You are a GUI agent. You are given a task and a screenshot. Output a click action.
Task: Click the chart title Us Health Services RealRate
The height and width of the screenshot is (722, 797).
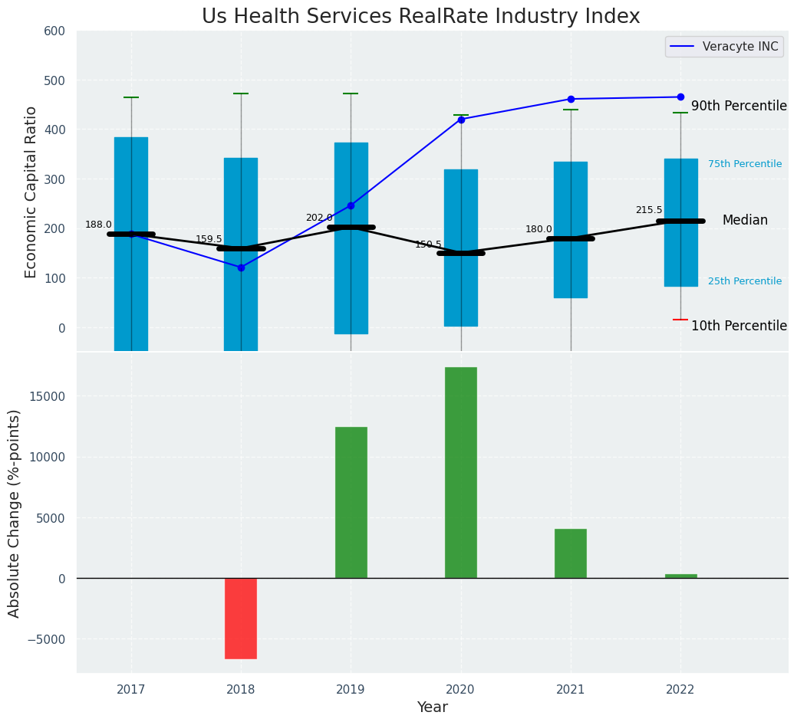(420, 17)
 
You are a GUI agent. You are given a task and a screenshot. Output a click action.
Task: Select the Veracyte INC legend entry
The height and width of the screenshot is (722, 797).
(724, 47)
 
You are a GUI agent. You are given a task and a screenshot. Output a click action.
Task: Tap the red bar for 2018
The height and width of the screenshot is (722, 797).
(241, 618)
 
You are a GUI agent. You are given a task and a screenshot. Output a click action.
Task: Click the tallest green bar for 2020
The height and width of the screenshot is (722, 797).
(461, 472)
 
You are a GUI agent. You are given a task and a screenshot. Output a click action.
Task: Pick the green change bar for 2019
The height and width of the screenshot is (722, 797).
(351, 502)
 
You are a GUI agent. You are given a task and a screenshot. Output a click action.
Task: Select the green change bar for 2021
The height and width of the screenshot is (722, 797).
(571, 553)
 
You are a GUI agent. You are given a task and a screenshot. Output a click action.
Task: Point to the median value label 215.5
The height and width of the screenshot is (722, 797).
(648, 210)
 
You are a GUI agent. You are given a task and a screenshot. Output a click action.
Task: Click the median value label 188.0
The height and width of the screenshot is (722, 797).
(98, 225)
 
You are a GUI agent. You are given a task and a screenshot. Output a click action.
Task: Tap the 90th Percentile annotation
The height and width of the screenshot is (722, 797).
(739, 106)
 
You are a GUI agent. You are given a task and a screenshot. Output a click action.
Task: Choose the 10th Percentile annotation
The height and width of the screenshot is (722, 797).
(739, 326)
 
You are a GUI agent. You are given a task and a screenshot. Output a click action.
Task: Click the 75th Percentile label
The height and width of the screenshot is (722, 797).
(745, 164)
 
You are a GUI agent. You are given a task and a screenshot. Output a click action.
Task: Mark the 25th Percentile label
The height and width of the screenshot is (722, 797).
(745, 281)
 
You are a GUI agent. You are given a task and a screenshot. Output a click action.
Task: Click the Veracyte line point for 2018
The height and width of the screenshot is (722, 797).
(241, 267)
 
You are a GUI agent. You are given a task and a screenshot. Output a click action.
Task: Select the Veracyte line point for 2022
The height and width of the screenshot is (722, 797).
(680, 97)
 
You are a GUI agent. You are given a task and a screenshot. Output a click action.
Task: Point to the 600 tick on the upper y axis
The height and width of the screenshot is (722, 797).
(61, 31)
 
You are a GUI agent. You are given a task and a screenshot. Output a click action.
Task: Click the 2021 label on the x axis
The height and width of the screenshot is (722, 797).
(571, 690)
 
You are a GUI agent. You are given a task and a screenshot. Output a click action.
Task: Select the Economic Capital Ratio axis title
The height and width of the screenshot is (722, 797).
(31, 192)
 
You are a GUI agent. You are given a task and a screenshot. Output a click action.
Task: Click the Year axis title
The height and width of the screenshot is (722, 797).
(432, 707)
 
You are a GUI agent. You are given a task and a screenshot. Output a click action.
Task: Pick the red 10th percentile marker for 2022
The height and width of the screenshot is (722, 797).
(680, 320)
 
